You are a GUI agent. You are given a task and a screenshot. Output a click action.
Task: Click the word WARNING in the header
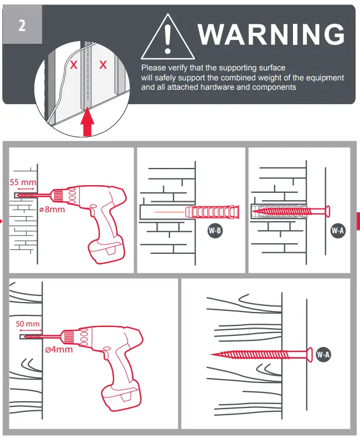coord(271,34)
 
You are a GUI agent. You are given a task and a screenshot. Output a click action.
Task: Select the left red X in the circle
coord(73,65)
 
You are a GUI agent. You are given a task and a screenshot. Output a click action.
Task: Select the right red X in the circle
coord(102,65)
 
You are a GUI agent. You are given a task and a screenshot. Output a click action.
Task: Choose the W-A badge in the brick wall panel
coord(337,230)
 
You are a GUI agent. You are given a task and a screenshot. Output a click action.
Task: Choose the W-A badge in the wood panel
coord(323,354)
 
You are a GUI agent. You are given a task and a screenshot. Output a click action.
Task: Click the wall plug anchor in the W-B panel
coord(213,212)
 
